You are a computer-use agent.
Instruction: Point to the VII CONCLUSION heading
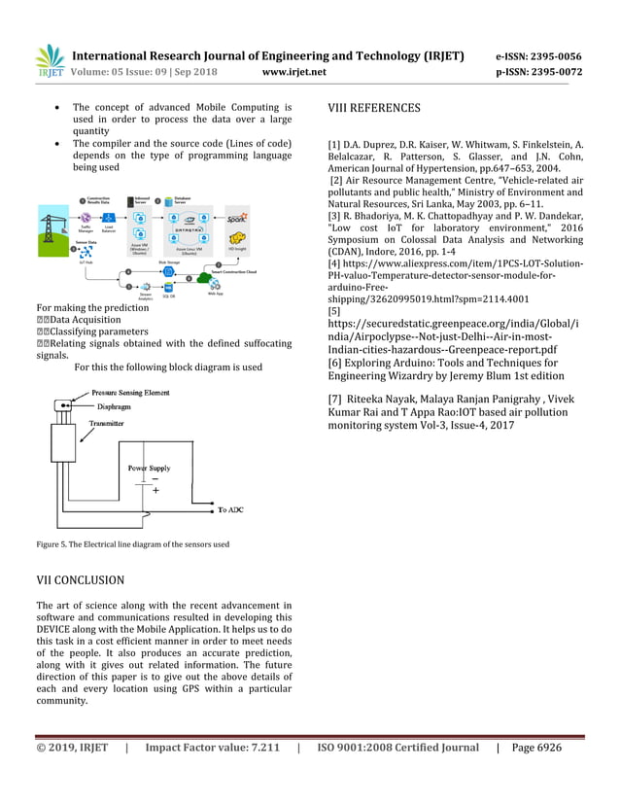click(x=80, y=580)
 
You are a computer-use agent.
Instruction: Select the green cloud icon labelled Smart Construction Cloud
click(x=205, y=277)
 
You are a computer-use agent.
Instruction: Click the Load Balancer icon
click(x=110, y=219)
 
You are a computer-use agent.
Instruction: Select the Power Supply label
click(x=150, y=468)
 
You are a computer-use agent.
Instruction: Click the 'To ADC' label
click(x=230, y=509)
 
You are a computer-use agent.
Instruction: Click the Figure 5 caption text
click(x=132, y=544)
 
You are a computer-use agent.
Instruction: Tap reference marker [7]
click(x=336, y=399)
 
